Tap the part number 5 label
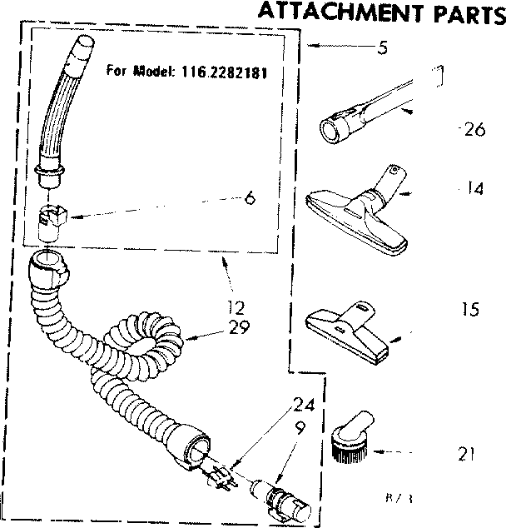[x=382, y=48]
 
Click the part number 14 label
[x=474, y=189]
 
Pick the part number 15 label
[x=470, y=310]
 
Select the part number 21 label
[x=466, y=455]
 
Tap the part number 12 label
[x=236, y=306]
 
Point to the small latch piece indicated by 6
[x=52, y=222]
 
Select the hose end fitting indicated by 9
[x=279, y=496]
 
